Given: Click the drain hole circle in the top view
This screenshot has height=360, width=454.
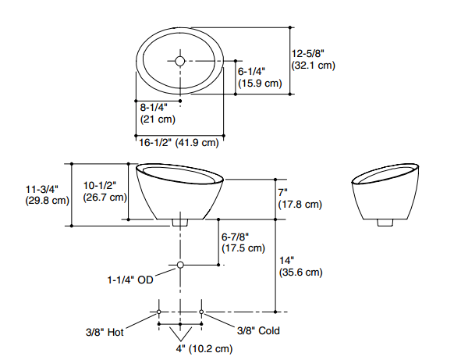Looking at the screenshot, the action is [179, 61].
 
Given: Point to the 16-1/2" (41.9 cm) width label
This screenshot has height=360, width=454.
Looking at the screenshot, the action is [179, 143].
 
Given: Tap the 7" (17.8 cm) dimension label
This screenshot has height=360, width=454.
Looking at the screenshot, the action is [300, 198].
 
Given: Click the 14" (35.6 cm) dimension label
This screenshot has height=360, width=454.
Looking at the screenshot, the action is [301, 266].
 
